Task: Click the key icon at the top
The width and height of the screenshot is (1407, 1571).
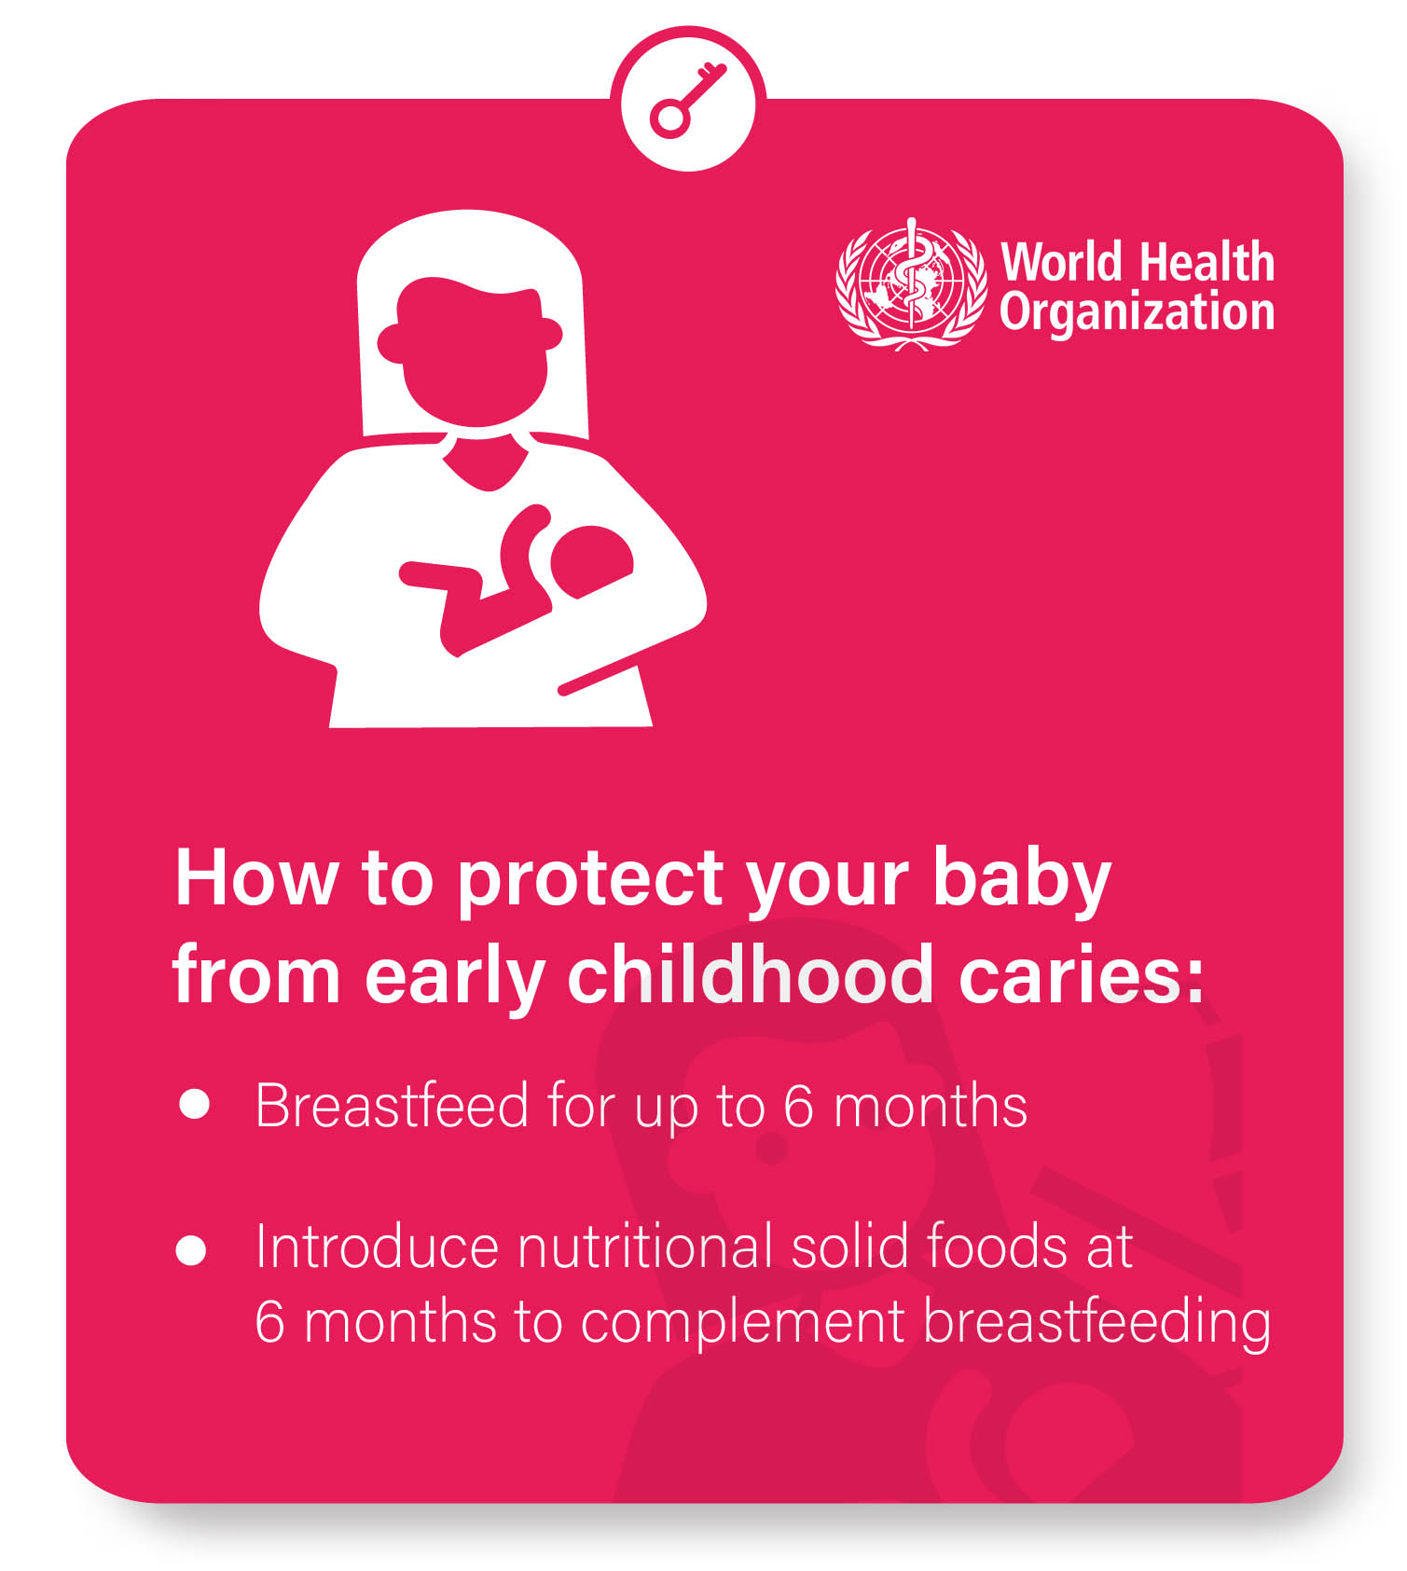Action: pos(687,100)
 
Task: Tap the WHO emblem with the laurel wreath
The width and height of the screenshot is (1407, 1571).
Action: pos(911,283)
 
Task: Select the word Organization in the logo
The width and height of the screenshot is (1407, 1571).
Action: pos(1137,311)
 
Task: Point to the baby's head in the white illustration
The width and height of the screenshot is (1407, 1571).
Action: pos(591,561)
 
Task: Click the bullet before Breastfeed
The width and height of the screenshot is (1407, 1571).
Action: pos(194,1103)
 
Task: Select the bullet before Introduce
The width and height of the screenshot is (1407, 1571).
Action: pos(191,1249)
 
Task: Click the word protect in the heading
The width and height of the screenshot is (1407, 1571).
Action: pos(590,879)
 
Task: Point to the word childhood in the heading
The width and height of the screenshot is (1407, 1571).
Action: pos(750,975)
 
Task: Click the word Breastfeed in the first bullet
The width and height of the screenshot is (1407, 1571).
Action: pos(393,1106)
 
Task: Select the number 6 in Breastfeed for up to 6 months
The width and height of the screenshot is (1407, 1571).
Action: pos(799,1106)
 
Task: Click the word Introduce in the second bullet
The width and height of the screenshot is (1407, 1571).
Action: pos(377,1247)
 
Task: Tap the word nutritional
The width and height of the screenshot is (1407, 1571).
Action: pos(644,1247)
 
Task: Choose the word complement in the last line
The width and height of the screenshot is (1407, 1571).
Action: pos(742,1323)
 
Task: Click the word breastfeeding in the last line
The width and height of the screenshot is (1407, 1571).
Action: pos(1097,1323)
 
